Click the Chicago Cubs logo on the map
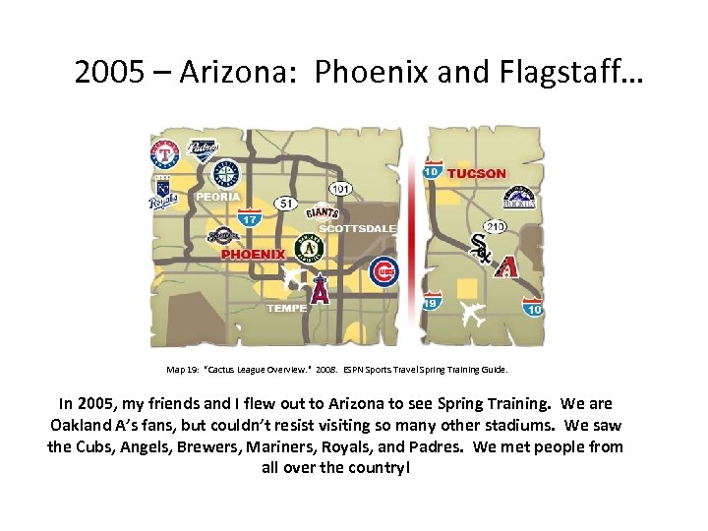coord(383,271)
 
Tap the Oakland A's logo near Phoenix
coord(309,249)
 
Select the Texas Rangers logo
coord(164,154)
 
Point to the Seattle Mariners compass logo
coord(226,174)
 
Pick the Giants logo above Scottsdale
coord(322,211)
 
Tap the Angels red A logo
coord(319,290)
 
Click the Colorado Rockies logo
coord(519,198)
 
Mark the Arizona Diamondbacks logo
coord(506,265)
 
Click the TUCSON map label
coord(477,174)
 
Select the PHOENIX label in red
coord(253,254)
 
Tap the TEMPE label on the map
coord(287,308)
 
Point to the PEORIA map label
coord(217,197)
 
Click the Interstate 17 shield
coord(250,218)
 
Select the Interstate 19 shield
coord(432,300)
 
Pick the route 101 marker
coord(341,188)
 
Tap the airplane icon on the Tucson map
coord(473,316)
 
